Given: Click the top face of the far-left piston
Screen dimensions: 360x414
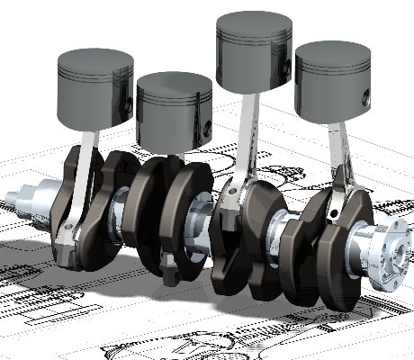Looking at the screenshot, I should coord(95,61).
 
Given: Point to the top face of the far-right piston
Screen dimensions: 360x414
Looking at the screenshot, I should coord(332,55).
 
